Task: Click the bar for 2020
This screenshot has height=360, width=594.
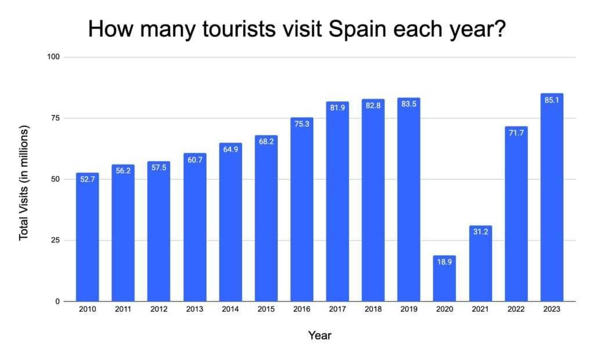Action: click(444, 278)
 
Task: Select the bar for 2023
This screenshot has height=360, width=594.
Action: click(552, 197)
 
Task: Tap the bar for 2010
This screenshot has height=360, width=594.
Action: click(88, 237)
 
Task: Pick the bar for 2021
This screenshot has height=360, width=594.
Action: click(480, 263)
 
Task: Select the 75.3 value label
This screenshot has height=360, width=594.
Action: click(302, 124)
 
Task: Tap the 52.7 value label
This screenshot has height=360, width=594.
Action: click(88, 180)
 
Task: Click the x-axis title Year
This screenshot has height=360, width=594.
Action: click(320, 335)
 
